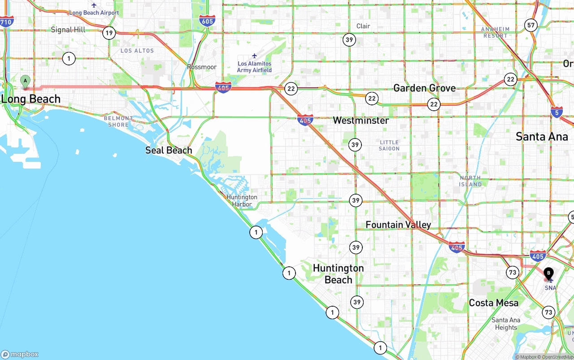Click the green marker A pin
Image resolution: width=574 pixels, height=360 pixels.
(x=26, y=82)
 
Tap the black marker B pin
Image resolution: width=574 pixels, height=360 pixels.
(x=548, y=273)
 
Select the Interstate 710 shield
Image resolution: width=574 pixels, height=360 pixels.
(x=6, y=21)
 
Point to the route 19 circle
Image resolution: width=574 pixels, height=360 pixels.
(x=109, y=33)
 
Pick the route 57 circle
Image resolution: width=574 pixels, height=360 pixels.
(x=531, y=25)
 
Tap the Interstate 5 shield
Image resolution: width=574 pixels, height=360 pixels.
(x=557, y=112)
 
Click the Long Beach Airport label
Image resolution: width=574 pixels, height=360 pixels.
(x=94, y=13)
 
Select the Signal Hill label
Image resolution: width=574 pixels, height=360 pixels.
(x=68, y=30)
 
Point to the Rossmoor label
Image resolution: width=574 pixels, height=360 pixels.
(x=202, y=67)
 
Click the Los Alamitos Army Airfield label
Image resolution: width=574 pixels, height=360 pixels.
(x=254, y=67)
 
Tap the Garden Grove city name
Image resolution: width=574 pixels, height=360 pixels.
(x=424, y=88)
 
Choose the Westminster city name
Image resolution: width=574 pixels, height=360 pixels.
(x=361, y=120)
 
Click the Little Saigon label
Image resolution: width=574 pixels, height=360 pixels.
(x=389, y=145)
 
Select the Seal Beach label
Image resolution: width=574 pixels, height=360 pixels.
(x=169, y=150)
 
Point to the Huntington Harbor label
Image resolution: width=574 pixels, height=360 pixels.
(x=242, y=200)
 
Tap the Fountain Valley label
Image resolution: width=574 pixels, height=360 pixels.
(x=398, y=225)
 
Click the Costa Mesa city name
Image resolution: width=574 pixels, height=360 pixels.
(x=493, y=303)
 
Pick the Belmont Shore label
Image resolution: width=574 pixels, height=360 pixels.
(x=118, y=121)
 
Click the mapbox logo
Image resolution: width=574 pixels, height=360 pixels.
(x=20, y=354)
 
